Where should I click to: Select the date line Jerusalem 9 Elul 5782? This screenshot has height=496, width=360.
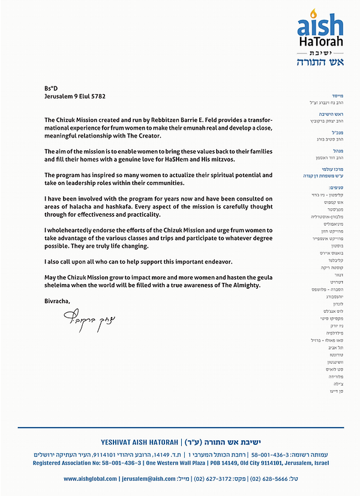tap(75, 95)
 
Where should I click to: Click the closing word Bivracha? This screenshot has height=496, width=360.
tap(57, 300)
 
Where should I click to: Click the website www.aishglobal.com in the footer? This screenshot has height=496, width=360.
tap(91, 479)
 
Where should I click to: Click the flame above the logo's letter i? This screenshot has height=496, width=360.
tap(313, 13)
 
